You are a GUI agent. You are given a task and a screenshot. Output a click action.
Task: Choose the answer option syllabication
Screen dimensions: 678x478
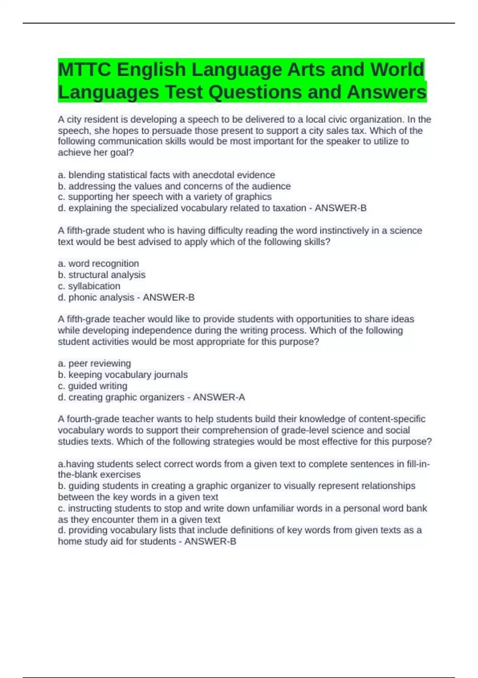point(94,286)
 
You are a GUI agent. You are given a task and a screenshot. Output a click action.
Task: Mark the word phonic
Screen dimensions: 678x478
point(82,298)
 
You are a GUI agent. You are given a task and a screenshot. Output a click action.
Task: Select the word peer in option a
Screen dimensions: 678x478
point(78,364)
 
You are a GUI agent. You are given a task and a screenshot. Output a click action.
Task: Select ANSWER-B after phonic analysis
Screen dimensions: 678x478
point(168,298)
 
